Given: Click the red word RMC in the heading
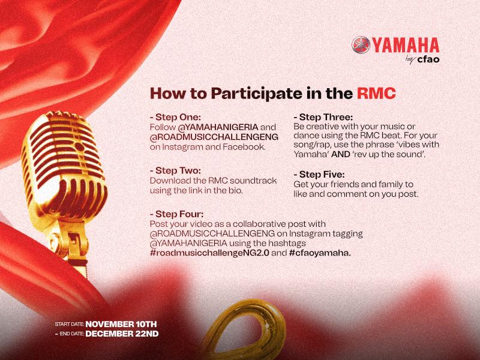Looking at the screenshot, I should (376, 94).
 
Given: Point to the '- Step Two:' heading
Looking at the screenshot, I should (175, 170).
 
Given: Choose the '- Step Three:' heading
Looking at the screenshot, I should (323, 117).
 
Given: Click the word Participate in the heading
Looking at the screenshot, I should (253, 94).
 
